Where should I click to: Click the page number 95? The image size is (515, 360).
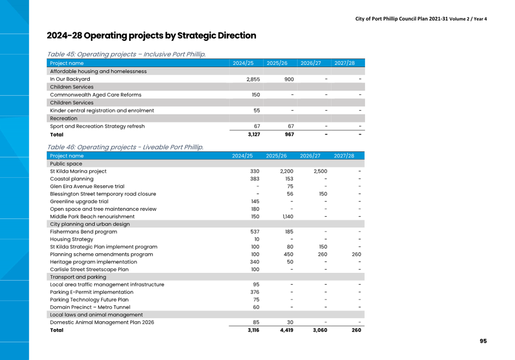[483, 341]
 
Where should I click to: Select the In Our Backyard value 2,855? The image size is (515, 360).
[253, 79]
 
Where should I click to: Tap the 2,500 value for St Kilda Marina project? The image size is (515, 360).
[320, 171]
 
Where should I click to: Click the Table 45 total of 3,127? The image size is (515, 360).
[254, 134]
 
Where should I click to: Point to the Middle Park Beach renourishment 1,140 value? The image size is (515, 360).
[288, 217]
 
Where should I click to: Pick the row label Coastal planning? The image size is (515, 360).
[72, 179]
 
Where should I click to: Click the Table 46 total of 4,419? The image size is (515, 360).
[287, 330]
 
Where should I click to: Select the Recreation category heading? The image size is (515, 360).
[64, 119]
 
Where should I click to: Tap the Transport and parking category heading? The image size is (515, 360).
[78, 277]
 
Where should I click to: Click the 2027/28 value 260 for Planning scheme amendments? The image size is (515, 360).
[356, 254]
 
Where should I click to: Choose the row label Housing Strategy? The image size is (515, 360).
[71, 239]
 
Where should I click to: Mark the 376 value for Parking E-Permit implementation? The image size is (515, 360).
[255, 292]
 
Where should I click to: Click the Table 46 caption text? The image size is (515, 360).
[125, 147]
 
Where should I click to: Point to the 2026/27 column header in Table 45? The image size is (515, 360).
[310, 63]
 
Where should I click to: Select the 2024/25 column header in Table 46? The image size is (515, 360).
[242, 156]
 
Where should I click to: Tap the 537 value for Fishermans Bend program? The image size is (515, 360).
[255, 231]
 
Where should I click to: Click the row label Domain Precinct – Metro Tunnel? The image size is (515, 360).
[90, 307]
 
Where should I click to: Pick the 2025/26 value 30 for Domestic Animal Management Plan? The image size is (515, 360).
[290, 322]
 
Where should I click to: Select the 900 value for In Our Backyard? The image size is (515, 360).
[289, 79]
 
